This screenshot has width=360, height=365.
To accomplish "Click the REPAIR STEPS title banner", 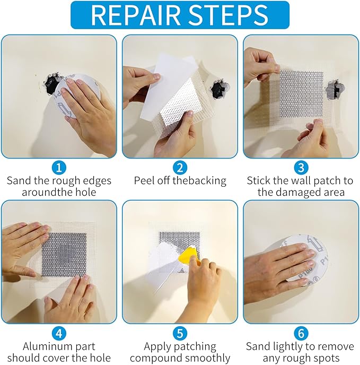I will click(x=180, y=15).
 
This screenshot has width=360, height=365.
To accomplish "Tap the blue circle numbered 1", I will click(x=59, y=168).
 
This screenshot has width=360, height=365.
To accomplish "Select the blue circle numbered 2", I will click(x=180, y=168).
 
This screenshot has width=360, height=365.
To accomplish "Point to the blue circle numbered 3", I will click(x=300, y=168).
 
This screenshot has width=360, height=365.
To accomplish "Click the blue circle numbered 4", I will click(x=59, y=334).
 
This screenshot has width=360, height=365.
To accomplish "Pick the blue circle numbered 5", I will click(x=180, y=334).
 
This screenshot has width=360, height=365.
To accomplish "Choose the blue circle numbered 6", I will click(x=300, y=334).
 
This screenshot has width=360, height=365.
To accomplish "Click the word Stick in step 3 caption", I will click(x=259, y=181).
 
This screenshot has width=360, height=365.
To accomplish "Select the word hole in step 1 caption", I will click(x=85, y=193).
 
